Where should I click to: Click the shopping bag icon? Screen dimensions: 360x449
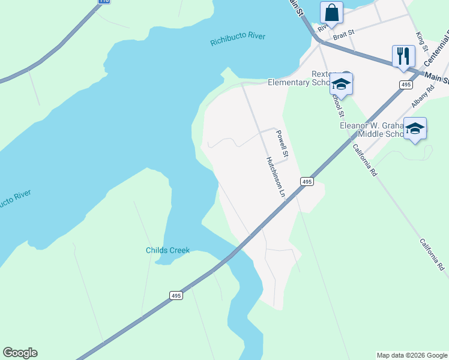pyautogui.click(x=331, y=13)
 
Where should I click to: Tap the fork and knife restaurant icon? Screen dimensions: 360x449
pyautogui.click(x=403, y=56)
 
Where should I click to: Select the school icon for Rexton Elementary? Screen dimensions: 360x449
pyautogui.click(x=341, y=85)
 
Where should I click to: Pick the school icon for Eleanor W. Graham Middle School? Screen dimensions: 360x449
pyautogui.click(x=415, y=128)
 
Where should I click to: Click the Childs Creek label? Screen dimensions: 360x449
pyautogui.click(x=167, y=250)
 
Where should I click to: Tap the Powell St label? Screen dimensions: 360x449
pyautogui.click(x=282, y=144)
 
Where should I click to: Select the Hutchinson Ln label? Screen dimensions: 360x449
pyautogui.click(x=275, y=177)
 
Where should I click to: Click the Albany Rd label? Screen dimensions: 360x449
pyautogui.click(x=423, y=97)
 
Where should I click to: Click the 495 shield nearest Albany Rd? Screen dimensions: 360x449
pyautogui.click(x=406, y=85)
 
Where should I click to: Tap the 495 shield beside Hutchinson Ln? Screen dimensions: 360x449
pyautogui.click(x=307, y=181)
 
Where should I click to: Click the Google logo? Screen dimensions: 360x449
pyautogui.click(x=20, y=353)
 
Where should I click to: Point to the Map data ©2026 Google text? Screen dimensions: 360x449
pyautogui.click(x=411, y=355)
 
